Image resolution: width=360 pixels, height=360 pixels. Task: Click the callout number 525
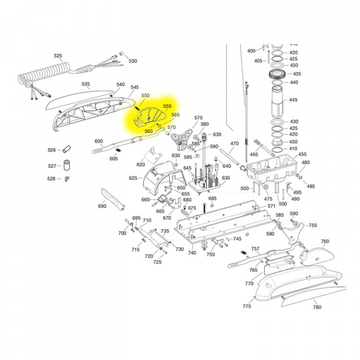58,55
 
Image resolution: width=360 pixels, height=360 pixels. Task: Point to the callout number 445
293,100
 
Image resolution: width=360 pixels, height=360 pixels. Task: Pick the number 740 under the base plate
191,252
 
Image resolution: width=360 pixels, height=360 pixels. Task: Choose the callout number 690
102,206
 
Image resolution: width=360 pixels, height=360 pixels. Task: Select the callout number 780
317,307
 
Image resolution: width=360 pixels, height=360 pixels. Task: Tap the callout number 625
133,178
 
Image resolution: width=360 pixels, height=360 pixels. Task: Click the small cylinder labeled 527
65,165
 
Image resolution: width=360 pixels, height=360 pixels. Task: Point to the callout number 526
52,150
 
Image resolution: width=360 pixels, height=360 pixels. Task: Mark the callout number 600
99,141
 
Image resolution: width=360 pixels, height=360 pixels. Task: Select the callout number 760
325,241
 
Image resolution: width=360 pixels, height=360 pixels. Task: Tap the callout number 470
234,143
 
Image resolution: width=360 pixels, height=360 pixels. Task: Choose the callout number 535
86,84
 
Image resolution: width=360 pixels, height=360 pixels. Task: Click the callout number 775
247,306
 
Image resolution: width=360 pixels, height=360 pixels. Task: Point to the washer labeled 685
212,205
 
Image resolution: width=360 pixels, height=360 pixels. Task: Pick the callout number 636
216,134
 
